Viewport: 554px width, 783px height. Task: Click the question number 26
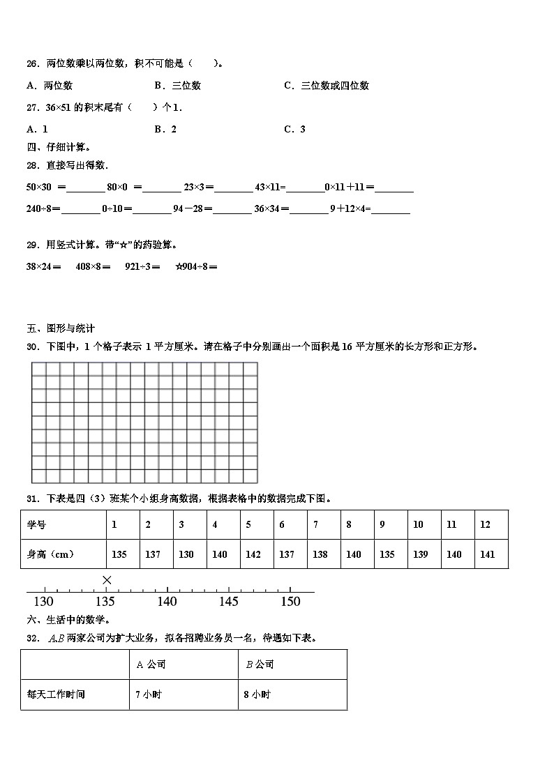[31, 64]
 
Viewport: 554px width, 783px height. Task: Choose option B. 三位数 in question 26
[177, 86]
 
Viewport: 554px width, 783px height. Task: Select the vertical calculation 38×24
[43, 266]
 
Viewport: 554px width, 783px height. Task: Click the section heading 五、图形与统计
[61, 328]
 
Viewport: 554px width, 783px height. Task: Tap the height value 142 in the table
[253, 554]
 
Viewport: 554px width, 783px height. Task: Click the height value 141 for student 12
[488, 554]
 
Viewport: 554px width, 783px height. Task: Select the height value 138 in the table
[320, 554]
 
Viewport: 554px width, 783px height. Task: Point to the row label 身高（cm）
[50, 554]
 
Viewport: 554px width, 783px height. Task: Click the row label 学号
[36, 524]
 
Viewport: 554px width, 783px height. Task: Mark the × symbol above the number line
[107, 580]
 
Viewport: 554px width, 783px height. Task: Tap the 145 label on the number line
[229, 602]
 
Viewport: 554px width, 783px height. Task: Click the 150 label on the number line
[290, 602]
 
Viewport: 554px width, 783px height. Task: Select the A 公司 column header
[151, 664]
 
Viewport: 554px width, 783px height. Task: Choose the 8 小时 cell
[257, 694]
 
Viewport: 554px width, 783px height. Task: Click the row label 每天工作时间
[56, 694]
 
